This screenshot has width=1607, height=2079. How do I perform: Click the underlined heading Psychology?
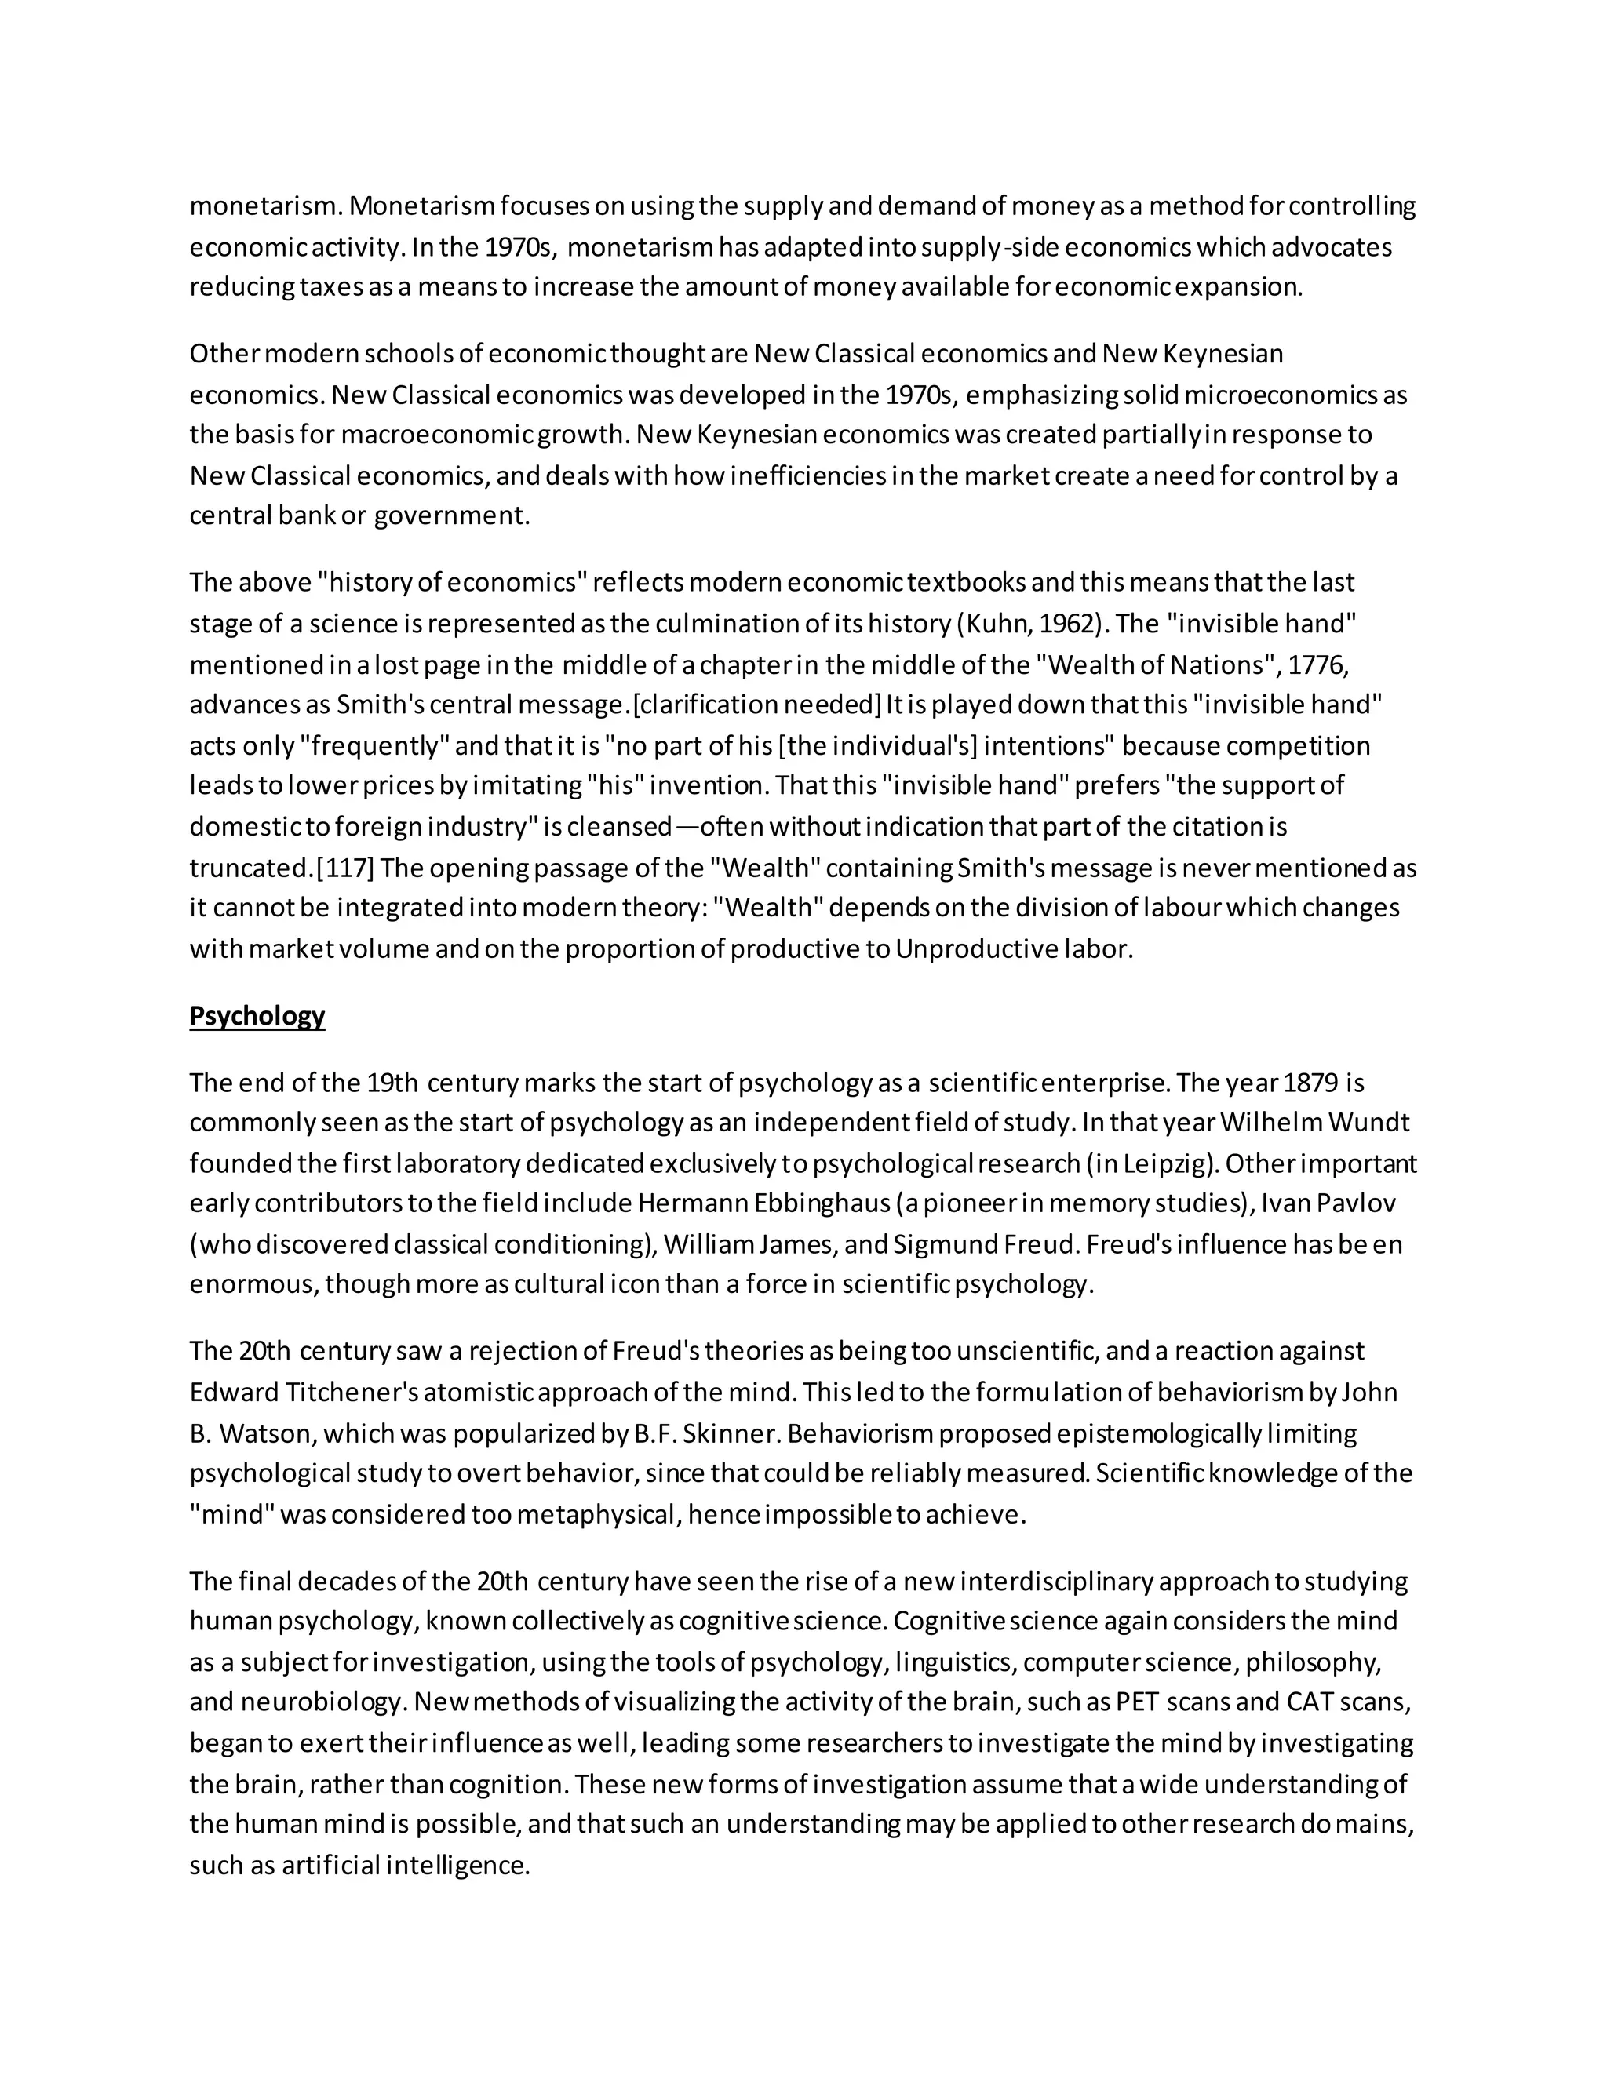tap(257, 1017)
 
